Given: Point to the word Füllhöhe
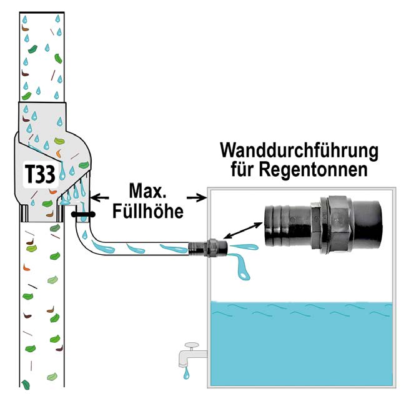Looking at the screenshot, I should click(x=150, y=210).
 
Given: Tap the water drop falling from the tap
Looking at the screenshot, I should click(x=186, y=375).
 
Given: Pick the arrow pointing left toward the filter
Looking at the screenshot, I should click(x=102, y=198).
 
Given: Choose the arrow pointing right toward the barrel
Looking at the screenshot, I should click(x=198, y=198).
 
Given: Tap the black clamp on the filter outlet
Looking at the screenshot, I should click(x=82, y=214).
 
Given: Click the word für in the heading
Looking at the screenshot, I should click(x=245, y=170).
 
